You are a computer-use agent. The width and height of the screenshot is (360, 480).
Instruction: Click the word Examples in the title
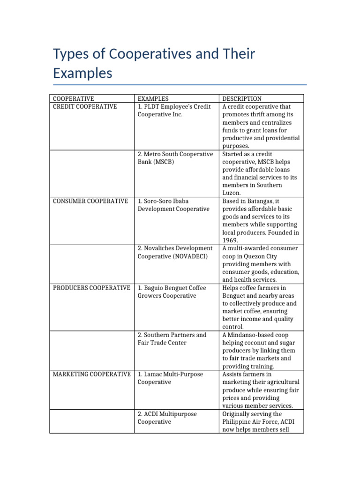(82, 73)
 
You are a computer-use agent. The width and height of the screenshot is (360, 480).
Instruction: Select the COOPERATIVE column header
(73, 98)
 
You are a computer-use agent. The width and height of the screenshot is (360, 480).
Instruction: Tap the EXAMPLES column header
(153, 98)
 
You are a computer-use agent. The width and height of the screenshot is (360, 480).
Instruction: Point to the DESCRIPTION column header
(242, 98)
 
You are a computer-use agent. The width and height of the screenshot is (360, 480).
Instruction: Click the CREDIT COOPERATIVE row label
(85, 106)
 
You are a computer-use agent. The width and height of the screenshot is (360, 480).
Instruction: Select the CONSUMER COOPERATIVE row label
(90, 201)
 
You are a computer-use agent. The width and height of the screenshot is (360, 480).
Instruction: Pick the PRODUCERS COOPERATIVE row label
(91, 288)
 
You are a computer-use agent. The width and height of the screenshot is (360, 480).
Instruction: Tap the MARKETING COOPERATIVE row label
(91, 374)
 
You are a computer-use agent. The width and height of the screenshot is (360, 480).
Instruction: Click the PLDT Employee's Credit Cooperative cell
(174, 111)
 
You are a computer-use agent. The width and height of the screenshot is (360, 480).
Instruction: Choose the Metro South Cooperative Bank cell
(175, 158)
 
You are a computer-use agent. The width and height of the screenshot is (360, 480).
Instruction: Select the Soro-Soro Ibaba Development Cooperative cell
(173, 205)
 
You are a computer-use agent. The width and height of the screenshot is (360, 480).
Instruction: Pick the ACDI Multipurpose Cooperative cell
(167, 418)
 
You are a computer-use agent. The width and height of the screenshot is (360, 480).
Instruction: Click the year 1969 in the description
(230, 240)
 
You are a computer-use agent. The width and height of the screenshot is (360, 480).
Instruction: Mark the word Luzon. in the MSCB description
(232, 193)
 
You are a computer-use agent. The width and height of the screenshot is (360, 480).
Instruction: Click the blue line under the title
(180, 85)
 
